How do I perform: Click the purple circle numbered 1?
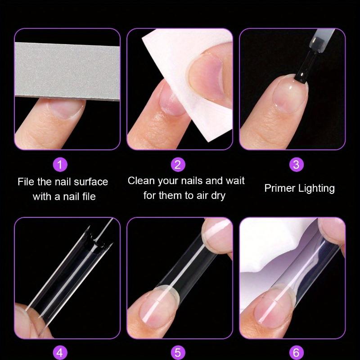[x=60, y=165]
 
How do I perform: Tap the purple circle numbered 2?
[x=178, y=165]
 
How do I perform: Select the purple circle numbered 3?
[x=296, y=165]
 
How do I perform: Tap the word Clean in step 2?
[x=140, y=181]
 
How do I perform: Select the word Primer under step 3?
[x=279, y=188]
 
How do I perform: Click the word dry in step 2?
[x=216, y=196]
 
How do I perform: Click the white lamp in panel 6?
[x=265, y=252]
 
